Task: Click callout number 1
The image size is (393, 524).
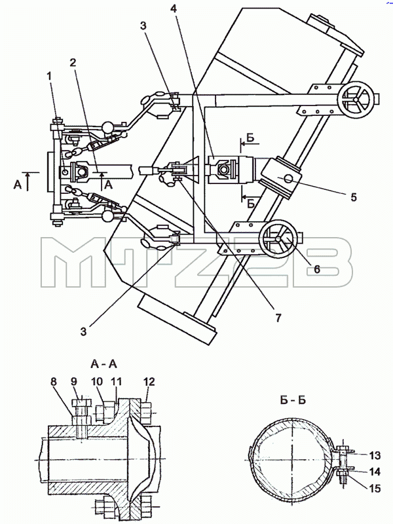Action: [x=50, y=76]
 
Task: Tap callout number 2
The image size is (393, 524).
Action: [x=73, y=62]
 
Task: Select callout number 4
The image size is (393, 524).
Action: [x=173, y=9]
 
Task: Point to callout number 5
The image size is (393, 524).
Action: [x=353, y=197]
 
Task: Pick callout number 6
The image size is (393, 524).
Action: [x=317, y=269]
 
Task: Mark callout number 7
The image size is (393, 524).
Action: [x=278, y=318]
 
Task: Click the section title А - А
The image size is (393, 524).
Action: [x=103, y=364]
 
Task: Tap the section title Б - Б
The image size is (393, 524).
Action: [x=293, y=400]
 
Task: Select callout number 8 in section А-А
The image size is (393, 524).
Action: [x=54, y=382]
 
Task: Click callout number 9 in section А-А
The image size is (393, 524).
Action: [x=73, y=382]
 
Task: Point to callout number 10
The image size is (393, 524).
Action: [x=97, y=382]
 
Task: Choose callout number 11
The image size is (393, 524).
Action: [x=117, y=382]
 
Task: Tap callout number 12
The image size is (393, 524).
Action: [x=149, y=382]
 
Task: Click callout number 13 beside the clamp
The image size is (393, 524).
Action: [x=374, y=455]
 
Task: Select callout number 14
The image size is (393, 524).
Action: [x=374, y=472]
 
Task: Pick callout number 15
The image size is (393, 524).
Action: [x=374, y=489]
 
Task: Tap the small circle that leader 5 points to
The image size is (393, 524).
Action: [x=288, y=179]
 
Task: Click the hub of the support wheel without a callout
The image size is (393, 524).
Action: [x=356, y=100]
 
